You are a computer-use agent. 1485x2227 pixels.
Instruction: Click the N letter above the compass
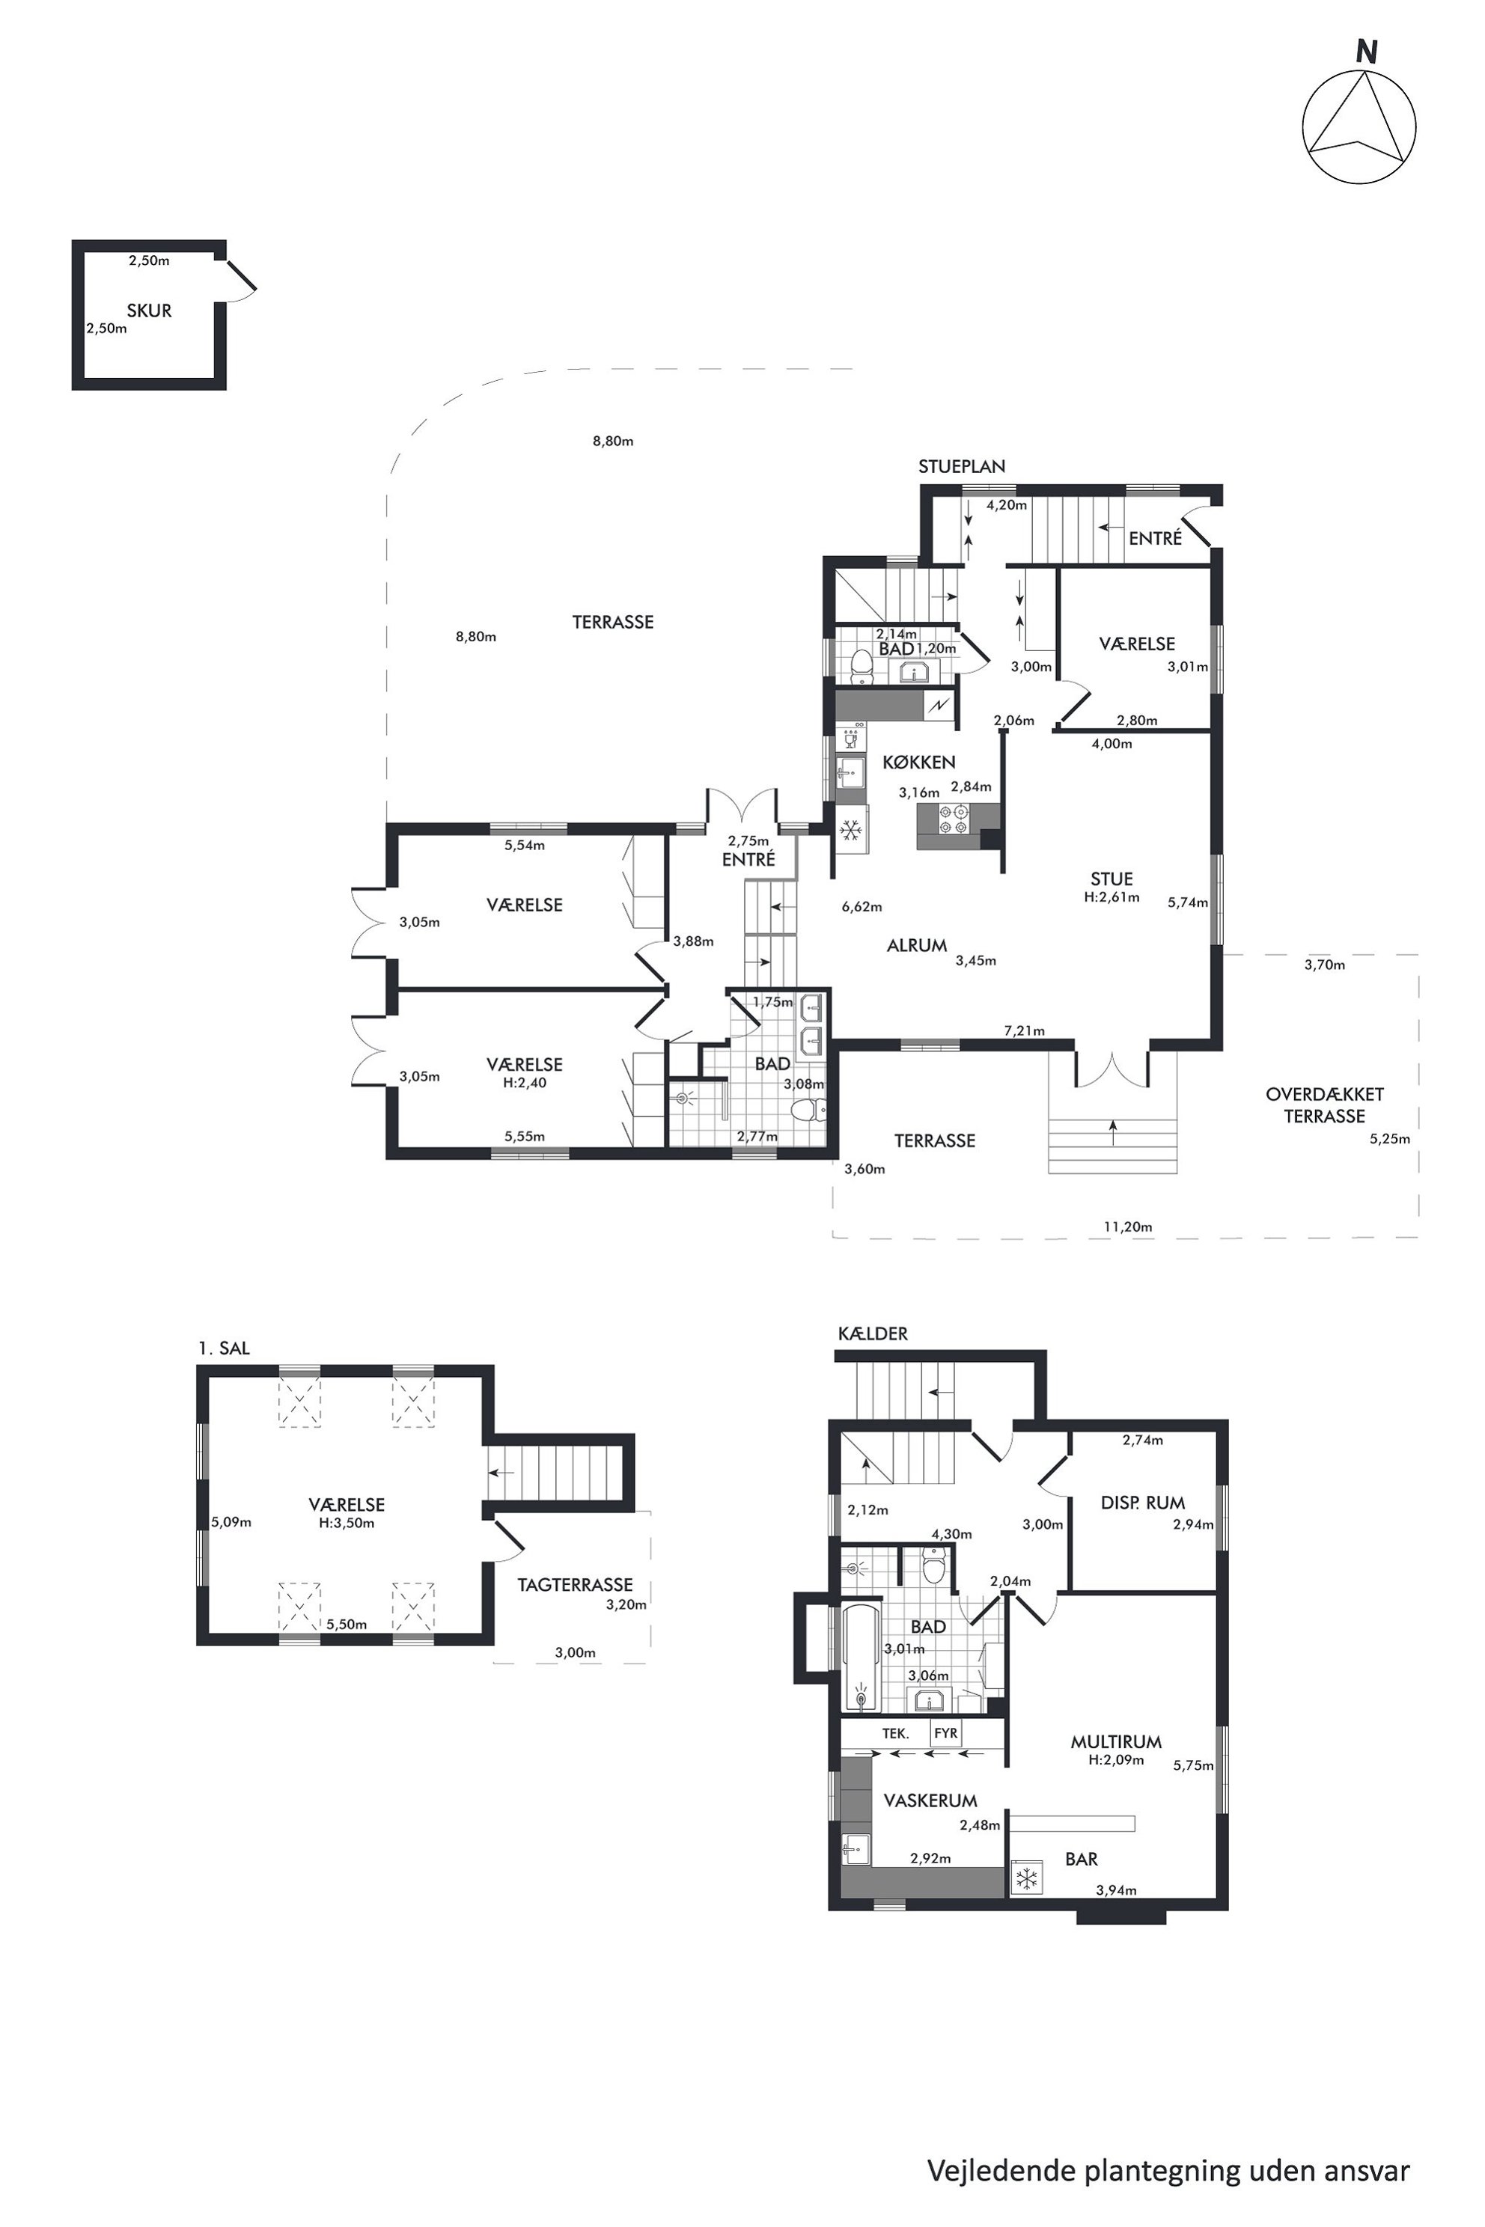pos(1366,53)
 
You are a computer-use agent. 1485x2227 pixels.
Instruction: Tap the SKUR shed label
pos(149,311)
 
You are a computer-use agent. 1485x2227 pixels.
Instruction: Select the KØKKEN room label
pos(918,763)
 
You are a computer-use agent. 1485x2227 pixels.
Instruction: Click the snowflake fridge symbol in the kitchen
pos(850,831)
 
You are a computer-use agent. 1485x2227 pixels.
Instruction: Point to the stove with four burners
pos(953,819)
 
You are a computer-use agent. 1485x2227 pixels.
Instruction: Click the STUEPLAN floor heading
pos(961,466)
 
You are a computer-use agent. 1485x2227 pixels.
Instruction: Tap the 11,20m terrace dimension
pos(1128,1227)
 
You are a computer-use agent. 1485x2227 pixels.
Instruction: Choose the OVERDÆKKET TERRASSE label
pos(1324,1105)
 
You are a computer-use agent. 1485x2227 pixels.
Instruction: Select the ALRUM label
pos(917,945)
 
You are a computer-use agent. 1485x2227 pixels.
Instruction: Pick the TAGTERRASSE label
pos(575,1584)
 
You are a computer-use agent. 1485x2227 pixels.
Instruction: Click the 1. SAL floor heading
pos(225,1348)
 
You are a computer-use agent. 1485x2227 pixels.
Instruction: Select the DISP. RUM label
pos(1143,1503)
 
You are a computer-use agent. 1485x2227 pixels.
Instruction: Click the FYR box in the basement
pos(946,1734)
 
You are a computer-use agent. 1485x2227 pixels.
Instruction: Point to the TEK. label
pos(896,1734)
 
